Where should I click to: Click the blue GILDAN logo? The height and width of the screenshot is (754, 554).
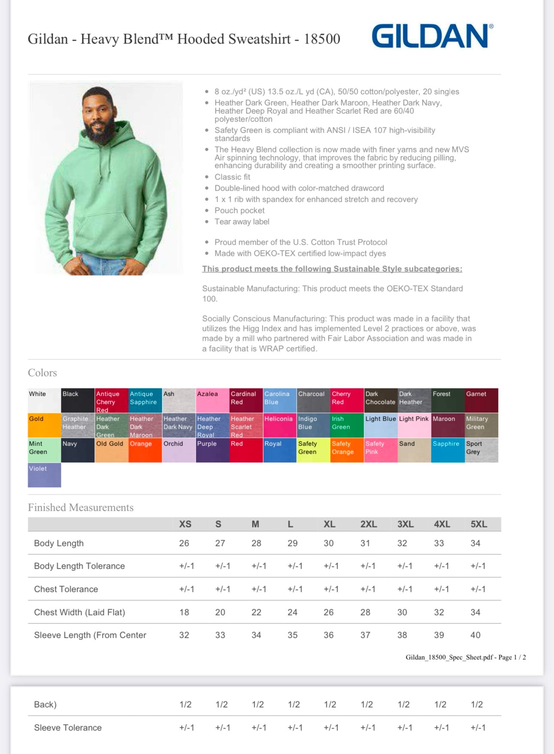(432, 36)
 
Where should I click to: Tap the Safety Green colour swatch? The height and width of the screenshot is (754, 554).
(313, 450)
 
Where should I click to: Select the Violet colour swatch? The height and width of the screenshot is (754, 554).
(44, 475)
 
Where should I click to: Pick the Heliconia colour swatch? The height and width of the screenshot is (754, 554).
(280, 425)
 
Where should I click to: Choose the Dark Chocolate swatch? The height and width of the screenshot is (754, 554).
(380, 400)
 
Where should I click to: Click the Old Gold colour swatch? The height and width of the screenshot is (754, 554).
(112, 450)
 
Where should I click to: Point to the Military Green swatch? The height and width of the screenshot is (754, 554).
(481, 425)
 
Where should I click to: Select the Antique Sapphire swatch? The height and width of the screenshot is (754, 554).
(145, 400)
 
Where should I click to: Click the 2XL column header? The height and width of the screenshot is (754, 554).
(368, 524)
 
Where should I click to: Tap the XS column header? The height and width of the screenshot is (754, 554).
(185, 524)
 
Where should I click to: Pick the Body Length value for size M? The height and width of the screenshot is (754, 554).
(256, 543)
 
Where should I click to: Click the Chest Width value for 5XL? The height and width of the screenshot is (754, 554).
(475, 612)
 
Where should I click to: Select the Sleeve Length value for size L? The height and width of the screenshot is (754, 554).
(292, 635)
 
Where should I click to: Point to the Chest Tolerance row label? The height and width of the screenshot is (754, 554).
(66, 589)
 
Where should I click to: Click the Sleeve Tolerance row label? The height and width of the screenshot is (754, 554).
(68, 728)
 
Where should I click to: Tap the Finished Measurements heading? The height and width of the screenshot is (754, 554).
(81, 508)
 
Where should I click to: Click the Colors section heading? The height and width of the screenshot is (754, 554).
(43, 373)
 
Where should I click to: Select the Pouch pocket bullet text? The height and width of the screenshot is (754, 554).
(240, 211)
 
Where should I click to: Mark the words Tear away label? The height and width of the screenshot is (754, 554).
(242, 222)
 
